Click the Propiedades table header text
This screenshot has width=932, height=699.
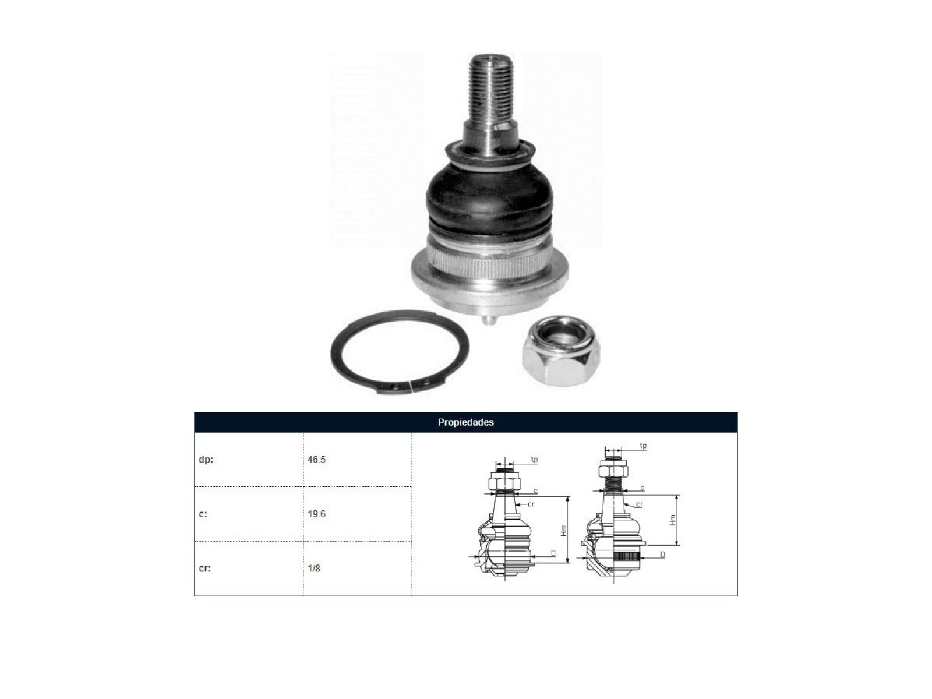465,422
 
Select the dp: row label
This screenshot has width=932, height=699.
206,460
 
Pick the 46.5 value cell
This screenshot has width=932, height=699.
316,460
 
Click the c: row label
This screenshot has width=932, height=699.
203,514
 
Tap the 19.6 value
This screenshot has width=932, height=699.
316,514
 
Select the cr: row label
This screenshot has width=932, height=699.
204,569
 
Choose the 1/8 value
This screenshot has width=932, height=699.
314,569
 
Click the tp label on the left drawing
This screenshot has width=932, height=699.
535,460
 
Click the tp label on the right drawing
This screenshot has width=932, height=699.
643,446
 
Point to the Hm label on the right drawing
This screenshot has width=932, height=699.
673,520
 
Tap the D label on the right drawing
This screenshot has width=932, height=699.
662,555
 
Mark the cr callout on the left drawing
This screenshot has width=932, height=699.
531,504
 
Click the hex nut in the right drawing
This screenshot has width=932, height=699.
613,469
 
